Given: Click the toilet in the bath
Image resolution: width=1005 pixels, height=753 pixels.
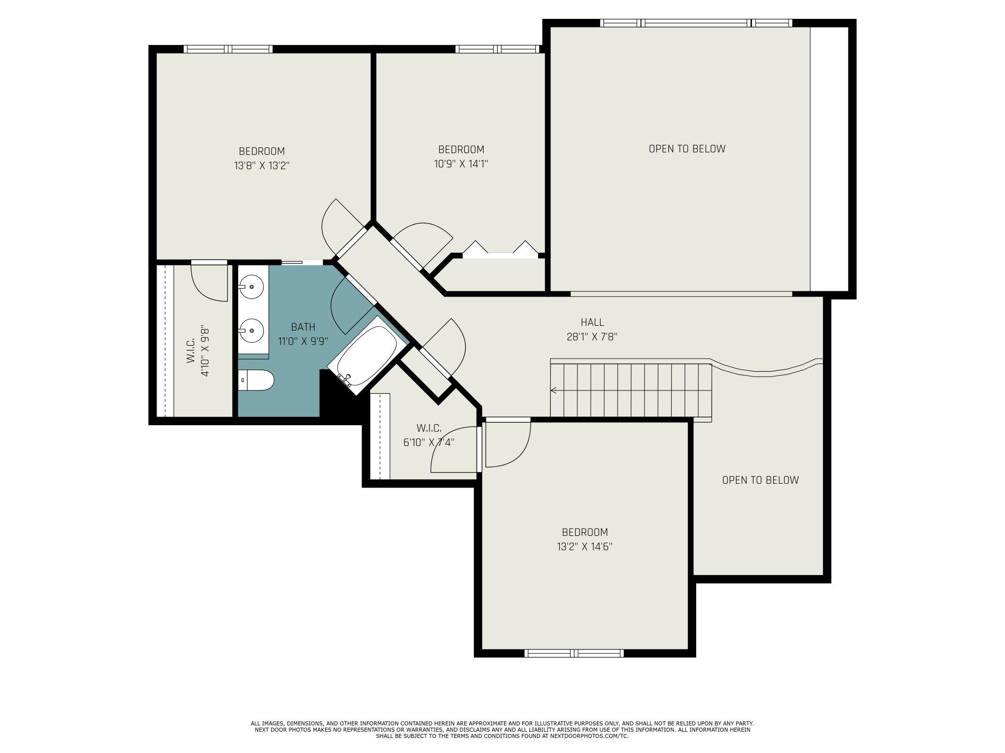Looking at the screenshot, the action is point(256,380).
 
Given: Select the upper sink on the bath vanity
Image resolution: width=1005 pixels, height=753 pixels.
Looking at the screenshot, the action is point(251,287).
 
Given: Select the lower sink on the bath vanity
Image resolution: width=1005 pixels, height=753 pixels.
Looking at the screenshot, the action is point(251,331).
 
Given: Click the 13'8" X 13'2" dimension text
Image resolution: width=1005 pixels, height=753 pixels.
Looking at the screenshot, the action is point(261,166).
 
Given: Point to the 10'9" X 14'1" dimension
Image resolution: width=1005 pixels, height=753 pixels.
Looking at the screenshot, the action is point(461,164).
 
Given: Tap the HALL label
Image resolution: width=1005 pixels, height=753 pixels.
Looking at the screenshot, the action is point(592,322).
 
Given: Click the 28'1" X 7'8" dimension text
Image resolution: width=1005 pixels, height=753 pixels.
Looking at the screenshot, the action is point(592,336).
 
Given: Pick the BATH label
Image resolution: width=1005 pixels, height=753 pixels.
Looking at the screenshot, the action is point(303,327).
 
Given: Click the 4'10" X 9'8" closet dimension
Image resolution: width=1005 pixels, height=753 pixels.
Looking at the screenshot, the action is point(205,350).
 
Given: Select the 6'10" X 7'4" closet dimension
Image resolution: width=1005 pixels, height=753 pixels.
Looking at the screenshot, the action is point(429,442).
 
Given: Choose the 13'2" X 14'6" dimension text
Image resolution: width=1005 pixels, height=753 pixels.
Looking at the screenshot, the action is point(585,546).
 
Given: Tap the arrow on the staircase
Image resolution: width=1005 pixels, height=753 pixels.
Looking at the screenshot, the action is point(553,390).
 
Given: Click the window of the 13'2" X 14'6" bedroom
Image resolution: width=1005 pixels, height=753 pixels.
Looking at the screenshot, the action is point(574,653).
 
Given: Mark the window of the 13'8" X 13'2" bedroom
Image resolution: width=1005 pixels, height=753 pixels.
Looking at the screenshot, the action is point(228,49).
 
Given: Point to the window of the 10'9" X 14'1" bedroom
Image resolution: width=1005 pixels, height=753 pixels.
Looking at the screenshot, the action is point(497,49).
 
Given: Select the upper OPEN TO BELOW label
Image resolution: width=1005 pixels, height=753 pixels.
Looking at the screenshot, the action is point(687,149).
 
